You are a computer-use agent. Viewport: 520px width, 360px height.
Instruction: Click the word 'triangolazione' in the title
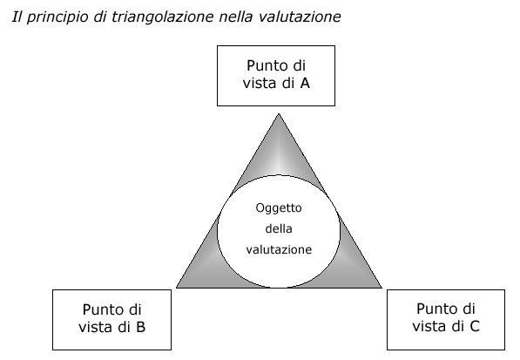point(163,17)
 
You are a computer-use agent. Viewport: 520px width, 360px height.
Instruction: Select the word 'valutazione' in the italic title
point(300,17)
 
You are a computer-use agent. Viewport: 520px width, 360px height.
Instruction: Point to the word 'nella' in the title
point(235,17)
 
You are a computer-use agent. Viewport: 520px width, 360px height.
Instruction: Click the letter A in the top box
point(305,83)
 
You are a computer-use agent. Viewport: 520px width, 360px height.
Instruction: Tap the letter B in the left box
point(140,327)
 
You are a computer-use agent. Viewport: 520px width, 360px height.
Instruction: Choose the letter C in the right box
point(475,326)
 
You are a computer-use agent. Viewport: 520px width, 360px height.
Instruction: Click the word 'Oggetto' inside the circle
point(279,208)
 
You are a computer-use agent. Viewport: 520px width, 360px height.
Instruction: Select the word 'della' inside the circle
point(279,228)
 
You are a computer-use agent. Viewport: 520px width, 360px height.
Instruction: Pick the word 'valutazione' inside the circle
point(279,249)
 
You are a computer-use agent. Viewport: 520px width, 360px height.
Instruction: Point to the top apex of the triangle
point(279,114)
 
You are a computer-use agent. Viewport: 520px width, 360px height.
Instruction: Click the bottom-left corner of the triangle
point(176,288)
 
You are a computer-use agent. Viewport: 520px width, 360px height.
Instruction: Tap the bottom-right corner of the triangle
point(382,288)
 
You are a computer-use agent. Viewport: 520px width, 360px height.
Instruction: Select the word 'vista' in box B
point(95,327)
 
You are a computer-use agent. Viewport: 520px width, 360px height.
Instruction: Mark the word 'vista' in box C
point(429,326)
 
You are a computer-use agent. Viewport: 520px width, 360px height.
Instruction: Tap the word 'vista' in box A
point(260,83)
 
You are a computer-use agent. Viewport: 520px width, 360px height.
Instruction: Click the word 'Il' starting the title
point(17,17)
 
